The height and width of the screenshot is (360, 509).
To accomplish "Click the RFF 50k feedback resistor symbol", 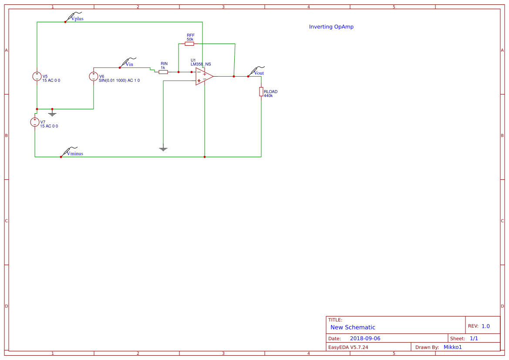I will tap(189, 44).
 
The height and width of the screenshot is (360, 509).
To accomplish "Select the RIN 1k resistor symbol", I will tap(163, 72).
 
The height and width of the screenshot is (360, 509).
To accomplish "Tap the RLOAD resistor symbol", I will tap(261, 91).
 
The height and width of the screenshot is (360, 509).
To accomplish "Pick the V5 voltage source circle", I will tap(37, 77).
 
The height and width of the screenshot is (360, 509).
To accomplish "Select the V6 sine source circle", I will tap(93, 77).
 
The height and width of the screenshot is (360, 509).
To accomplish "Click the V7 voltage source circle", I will tap(35, 122).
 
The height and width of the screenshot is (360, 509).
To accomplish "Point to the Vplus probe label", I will tap(77, 19).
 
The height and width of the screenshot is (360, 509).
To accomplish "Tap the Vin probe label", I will tap(129, 64).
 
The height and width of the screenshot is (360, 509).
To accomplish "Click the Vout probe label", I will tap(259, 73).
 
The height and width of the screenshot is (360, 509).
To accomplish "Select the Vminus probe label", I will tap(75, 154).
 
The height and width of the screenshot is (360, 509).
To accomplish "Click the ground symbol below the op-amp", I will tap(163, 149).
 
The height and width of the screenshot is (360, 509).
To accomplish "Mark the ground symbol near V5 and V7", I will tap(52, 114).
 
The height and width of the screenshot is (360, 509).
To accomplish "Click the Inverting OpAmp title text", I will tap(331, 27).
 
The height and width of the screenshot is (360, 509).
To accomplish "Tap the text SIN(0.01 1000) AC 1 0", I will tap(119, 81).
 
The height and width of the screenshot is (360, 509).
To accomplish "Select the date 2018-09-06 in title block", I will tap(365, 338).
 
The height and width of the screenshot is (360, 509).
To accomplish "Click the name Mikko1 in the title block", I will tap(452, 347).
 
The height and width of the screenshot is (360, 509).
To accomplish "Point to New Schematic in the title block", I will tap(353, 327).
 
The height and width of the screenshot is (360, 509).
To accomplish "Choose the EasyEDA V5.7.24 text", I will tap(348, 347).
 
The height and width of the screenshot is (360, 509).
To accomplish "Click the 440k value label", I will tap(268, 96).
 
